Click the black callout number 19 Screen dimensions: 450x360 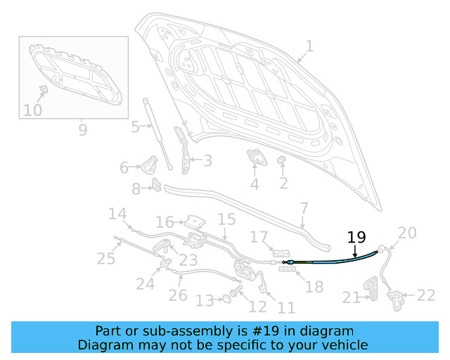(356, 237)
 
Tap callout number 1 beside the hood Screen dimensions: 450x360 (309, 46)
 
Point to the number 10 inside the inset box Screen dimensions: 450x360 (33, 110)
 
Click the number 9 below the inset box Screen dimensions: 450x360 (83, 130)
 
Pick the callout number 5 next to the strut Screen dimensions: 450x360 (135, 127)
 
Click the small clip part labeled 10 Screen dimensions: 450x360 (44, 89)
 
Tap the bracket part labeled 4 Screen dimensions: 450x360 (256, 157)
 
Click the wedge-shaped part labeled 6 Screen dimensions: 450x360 (150, 165)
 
